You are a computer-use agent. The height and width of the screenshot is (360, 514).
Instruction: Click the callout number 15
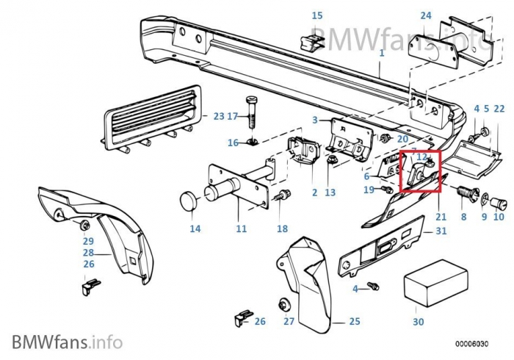(317, 15)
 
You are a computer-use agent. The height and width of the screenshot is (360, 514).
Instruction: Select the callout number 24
(426, 15)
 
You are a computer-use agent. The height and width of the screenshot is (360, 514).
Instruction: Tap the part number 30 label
(419, 322)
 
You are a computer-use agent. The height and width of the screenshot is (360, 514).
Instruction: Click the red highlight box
(419, 170)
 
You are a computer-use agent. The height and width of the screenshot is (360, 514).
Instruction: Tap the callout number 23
(218, 116)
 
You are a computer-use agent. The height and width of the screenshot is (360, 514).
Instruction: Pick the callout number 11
(241, 228)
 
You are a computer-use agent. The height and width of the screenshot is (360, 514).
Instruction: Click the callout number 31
(441, 231)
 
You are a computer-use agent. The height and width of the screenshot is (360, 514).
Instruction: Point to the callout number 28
(88, 252)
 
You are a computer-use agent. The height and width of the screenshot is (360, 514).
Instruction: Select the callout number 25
(354, 321)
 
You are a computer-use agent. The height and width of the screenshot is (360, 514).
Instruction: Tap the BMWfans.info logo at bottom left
(67, 341)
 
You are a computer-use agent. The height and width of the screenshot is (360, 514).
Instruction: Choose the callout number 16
(233, 143)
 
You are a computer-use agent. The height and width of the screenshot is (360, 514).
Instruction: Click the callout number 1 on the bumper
(382, 53)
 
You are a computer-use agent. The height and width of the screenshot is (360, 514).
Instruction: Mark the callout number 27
(289, 321)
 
